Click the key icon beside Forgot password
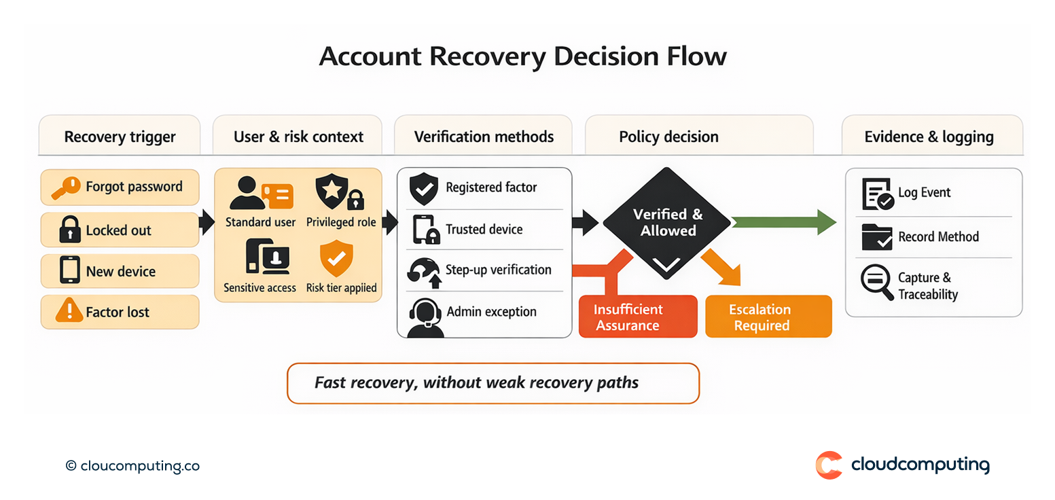pyautogui.click(x=67, y=187)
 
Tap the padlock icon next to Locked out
pyautogui.click(x=69, y=230)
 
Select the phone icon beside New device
pyautogui.click(x=70, y=270)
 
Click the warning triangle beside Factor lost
pyautogui.click(x=69, y=311)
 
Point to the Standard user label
pyautogui.click(x=260, y=222)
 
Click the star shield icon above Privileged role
pyautogui.click(x=332, y=192)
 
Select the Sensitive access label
pyautogui.click(x=260, y=287)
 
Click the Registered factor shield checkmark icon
pyautogui.click(x=424, y=189)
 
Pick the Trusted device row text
pyautogui.click(x=484, y=230)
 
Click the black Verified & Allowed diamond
pyautogui.click(x=668, y=223)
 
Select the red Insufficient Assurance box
pyautogui.click(x=637, y=317)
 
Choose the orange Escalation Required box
pyautogui.click(x=768, y=317)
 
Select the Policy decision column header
pyautogui.click(x=668, y=137)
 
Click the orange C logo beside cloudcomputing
pyautogui.click(x=829, y=465)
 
